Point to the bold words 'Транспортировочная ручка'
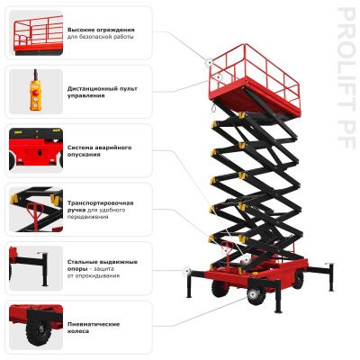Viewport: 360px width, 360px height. click(100, 203)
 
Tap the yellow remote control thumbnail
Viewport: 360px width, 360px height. click(36, 92)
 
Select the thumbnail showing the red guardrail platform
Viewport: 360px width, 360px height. click(36, 34)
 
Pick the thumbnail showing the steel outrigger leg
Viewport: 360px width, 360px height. click(36, 267)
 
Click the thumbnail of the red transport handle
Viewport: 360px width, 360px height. click(36, 209)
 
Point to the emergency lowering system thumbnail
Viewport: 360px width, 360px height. click(36, 150)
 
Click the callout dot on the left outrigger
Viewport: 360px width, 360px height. click(185, 271)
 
